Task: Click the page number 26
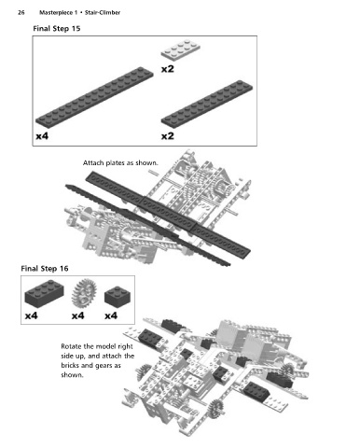tap(21, 13)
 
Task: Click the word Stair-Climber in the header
tap(103, 13)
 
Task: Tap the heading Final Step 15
tap(57, 29)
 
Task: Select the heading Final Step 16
tap(45, 269)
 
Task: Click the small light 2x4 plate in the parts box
tap(180, 49)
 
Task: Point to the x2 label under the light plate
tap(167, 69)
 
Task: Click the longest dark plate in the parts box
tap(94, 97)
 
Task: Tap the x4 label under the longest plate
tap(42, 136)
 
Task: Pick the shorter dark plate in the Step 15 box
tap(207, 105)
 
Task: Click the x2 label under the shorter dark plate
tap(167, 136)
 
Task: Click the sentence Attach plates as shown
tap(120, 163)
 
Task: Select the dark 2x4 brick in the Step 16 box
tap(44, 293)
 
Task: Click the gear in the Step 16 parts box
tap(84, 293)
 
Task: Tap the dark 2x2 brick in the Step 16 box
tap(118, 296)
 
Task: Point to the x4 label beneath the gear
tap(77, 316)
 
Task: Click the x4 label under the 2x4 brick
tap(31, 316)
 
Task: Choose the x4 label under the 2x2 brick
tap(111, 316)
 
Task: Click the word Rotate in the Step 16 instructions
tap(71, 346)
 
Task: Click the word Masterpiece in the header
tap(56, 13)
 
